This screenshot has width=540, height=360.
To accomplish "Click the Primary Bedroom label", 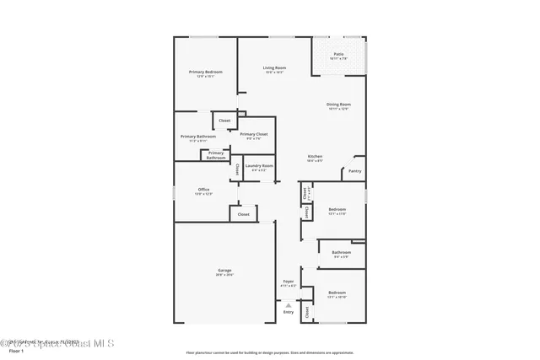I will [205, 73].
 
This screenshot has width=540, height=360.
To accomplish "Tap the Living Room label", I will [274, 67].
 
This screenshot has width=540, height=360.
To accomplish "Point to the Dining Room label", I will [338, 105].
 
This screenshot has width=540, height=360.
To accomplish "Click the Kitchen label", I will [315, 157].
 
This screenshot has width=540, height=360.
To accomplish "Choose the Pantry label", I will [354, 171].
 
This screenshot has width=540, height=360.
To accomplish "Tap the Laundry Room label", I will [259, 166].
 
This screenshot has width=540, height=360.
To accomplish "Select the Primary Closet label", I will [253, 135].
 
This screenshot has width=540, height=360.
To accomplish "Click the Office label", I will [203, 190].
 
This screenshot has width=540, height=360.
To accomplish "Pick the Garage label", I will [224, 270].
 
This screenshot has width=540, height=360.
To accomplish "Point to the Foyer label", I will [289, 281].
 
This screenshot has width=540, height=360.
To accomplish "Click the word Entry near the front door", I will [289, 312].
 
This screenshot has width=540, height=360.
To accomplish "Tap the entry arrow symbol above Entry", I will [289, 304].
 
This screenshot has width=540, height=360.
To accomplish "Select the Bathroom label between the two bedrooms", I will [341, 252].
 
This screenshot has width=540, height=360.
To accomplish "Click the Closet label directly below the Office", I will [243, 214].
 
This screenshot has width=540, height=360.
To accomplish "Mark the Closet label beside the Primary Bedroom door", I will [224, 121].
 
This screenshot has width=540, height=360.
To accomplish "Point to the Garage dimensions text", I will [224, 275].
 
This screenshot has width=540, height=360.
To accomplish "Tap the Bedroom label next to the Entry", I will [337, 293].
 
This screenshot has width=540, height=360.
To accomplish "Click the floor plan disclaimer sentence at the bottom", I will [270, 352].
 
